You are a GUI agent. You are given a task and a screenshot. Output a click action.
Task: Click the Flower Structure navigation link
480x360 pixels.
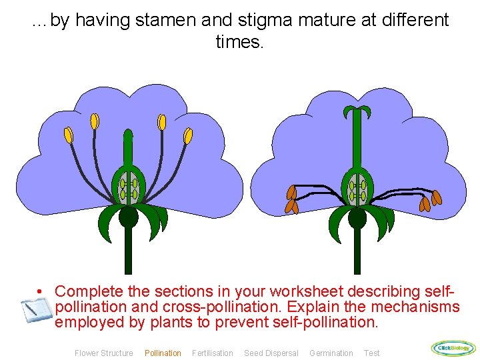point(103,353)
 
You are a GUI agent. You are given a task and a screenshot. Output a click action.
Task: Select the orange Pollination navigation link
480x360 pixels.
point(163,353)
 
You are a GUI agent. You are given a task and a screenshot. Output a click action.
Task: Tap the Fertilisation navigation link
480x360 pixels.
point(213,353)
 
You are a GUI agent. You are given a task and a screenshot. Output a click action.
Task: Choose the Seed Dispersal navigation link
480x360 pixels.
point(271,353)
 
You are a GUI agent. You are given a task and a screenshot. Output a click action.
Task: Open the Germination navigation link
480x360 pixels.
point(331,353)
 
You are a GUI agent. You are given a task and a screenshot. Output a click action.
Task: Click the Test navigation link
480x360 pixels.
point(371,353)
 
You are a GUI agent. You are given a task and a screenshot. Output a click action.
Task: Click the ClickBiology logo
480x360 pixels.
point(453,347)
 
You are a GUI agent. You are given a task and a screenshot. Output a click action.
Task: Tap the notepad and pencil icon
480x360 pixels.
point(35,309)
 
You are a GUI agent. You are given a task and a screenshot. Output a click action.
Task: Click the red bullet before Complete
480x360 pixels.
point(41,292)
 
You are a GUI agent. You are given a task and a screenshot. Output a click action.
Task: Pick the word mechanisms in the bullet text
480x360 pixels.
point(415,307)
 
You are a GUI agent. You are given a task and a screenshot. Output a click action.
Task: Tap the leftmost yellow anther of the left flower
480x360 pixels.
point(68,135)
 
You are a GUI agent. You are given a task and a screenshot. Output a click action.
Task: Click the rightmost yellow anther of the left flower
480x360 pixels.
point(188,136)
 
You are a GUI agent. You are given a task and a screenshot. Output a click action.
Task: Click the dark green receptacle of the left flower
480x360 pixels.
point(128,217)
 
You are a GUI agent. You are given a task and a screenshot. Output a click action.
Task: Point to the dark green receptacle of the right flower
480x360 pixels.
point(357,218)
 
